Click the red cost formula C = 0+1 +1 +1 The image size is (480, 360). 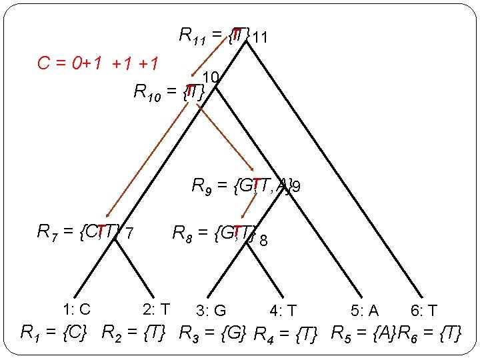coord(99,64)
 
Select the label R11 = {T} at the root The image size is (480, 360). coord(215,34)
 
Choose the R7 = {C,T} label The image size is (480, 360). coord(80,232)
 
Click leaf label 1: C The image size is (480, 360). coord(76,309)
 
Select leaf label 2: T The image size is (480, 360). coord(157,309)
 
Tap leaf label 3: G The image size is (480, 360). coord(211,311)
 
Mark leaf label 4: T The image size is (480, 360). coord(283,311)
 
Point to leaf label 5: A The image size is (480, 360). coord(364,311)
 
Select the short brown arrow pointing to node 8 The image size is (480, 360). coord(250,206)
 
